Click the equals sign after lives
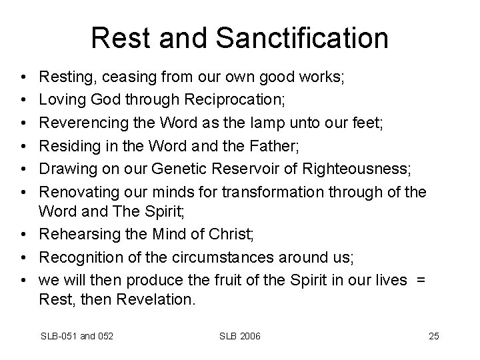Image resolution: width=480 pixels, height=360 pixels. click(419, 279)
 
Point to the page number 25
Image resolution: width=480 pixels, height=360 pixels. click(434, 336)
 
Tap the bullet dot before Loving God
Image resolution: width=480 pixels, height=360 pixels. click(23, 100)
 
